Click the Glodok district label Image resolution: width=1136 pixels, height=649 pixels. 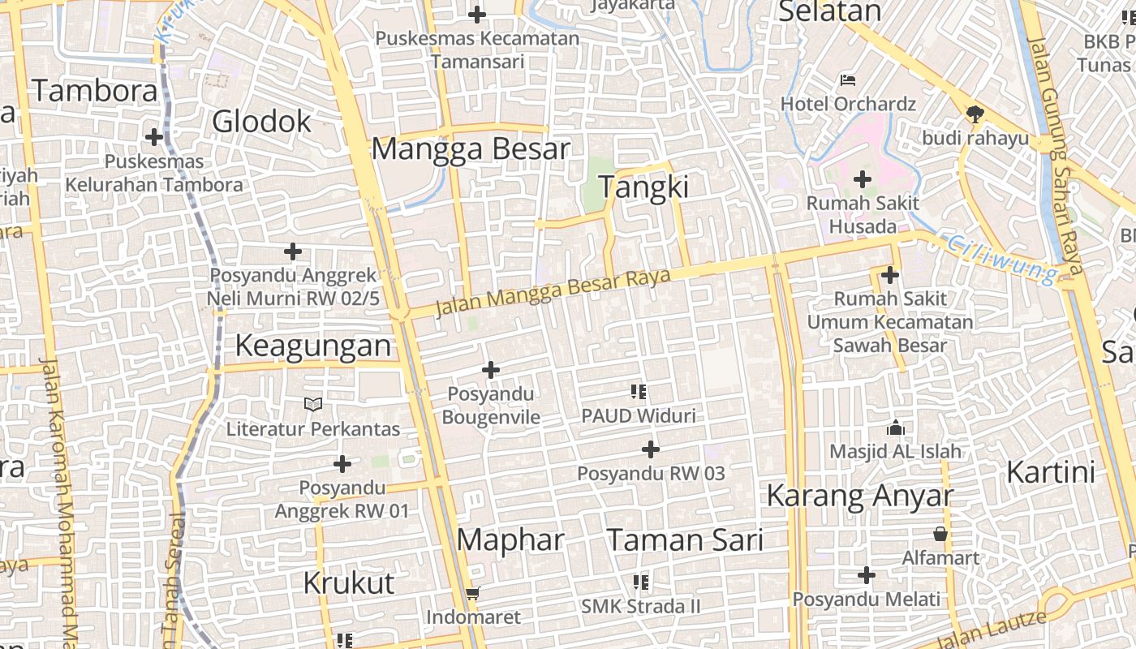(x=261, y=122)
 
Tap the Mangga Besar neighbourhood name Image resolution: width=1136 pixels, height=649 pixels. (x=471, y=149)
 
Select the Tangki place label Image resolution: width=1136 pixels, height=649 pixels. (x=643, y=187)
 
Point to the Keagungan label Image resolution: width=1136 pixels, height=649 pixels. (x=313, y=346)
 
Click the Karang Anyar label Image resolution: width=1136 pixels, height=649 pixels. (x=860, y=496)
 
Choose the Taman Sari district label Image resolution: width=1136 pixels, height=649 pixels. (x=686, y=540)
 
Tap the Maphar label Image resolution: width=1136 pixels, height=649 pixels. (x=510, y=540)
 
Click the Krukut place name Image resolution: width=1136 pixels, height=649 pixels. (x=349, y=582)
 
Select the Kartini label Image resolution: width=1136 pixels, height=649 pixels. (x=1051, y=472)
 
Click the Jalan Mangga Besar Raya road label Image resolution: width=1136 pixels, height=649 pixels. (x=553, y=293)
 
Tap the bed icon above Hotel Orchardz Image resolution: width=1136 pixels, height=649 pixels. (x=848, y=80)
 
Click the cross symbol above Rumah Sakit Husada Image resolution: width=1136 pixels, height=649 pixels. (x=863, y=178)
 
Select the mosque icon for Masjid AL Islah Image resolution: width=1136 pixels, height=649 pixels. (x=896, y=427)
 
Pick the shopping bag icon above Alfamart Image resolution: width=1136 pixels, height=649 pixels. (x=940, y=534)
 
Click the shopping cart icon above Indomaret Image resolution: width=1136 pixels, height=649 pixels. (x=473, y=593)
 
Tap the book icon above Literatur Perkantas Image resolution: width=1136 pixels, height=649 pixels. (x=312, y=404)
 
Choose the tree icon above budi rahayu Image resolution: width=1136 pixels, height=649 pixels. (x=975, y=114)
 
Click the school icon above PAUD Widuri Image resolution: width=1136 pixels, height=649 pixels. (x=639, y=392)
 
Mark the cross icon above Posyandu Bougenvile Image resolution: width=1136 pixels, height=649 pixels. (x=491, y=370)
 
